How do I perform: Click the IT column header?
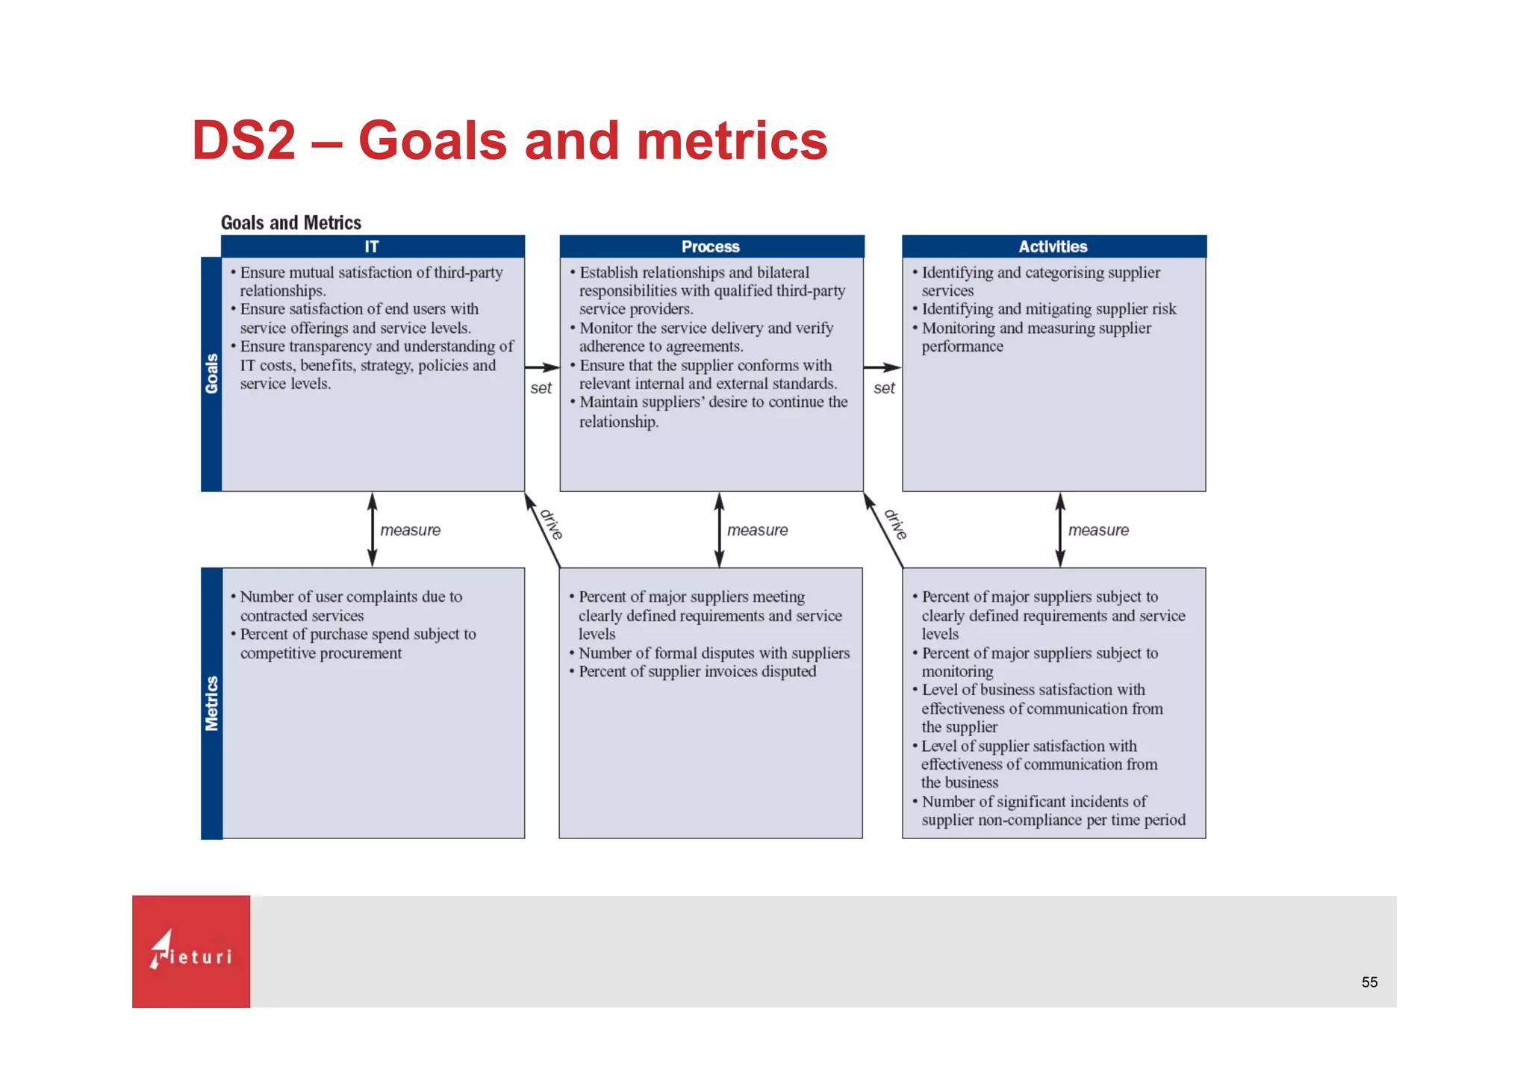[x=372, y=246]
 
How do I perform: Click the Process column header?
[x=711, y=246]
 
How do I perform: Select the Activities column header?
[x=1053, y=246]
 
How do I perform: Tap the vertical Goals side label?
[x=211, y=373]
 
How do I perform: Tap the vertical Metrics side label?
[x=211, y=703]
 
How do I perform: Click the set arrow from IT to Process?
[x=542, y=367]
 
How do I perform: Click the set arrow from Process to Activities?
[x=882, y=367]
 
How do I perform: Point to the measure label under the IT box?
[x=410, y=530]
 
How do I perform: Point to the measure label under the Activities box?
[x=1097, y=530]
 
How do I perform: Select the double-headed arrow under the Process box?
[x=719, y=529]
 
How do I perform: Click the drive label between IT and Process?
[x=551, y=524]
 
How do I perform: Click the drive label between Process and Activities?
[x=895, y=524]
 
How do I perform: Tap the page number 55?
[x=1369, y=982]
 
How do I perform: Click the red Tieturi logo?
[x=191, y=951]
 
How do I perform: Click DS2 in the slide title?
[x=244, y=140]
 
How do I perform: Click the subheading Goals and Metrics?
[x=291, y=222]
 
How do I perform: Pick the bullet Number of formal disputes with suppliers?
[x=714, y=652]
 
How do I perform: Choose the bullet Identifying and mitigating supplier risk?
[x=1048, y=309]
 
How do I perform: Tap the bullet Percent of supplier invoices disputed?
[x=697, y=671]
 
